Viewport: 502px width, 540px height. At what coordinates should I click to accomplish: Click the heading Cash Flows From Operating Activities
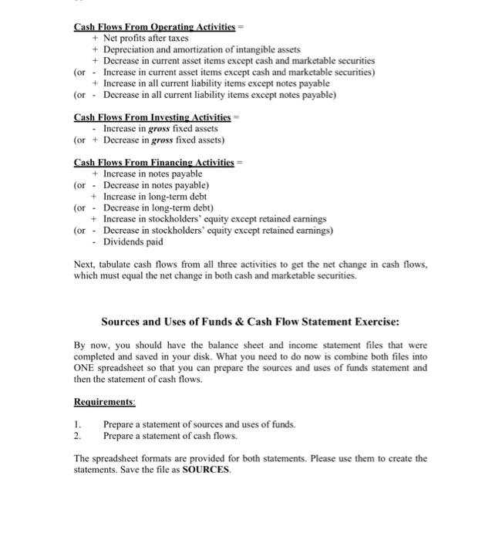(x=154, y=27)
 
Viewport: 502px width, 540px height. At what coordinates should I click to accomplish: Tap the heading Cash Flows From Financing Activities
(x=154, y=162)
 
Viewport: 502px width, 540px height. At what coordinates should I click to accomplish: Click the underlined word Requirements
(x=104, y=402)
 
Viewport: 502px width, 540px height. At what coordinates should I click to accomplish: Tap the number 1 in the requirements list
(x=77, y=424)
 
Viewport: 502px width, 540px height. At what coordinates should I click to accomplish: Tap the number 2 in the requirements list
(x=77, y=435)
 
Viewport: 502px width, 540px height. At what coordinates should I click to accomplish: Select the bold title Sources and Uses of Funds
(x=185, y=321)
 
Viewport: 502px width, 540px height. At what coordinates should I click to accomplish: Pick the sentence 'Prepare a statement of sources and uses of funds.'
(x=199, y=424)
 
